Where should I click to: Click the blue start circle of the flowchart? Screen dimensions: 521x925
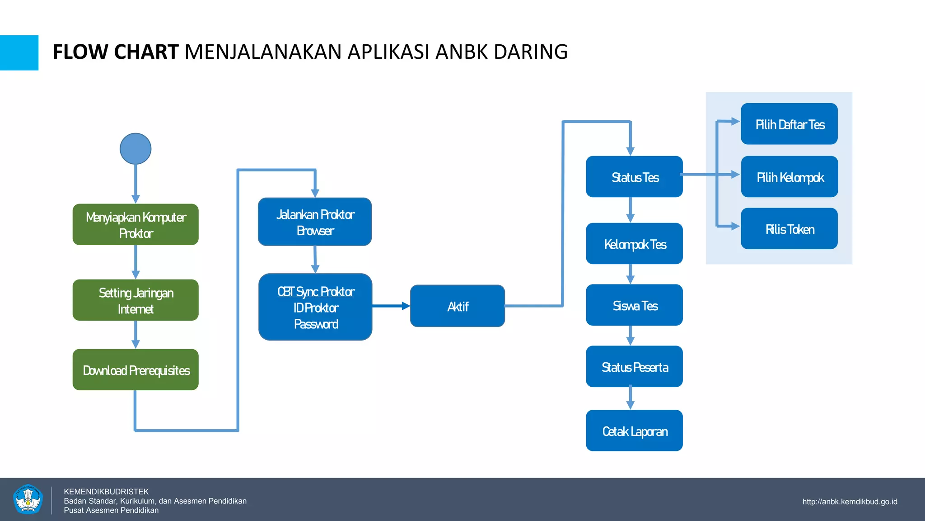135,149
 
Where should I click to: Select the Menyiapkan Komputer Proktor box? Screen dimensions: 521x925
135,225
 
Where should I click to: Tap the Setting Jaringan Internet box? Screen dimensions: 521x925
135,300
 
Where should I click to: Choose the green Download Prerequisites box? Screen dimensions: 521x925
135,370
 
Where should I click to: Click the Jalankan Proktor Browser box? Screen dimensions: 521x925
315,222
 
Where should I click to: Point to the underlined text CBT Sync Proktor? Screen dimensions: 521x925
316,292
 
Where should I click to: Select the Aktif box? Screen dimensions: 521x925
457,306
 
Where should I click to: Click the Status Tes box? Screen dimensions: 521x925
634,177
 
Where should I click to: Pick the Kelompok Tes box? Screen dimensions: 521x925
634,244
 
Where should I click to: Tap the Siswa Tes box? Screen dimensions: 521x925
634,305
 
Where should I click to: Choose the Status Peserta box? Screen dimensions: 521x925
634,367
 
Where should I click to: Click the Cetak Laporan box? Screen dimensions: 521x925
634,431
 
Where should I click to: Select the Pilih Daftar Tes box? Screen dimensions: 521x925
789,124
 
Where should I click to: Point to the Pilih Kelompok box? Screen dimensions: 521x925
789,177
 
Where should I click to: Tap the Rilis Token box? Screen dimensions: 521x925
789,229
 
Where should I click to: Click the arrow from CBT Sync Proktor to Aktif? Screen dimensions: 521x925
391,306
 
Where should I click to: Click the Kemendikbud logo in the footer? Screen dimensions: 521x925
28,499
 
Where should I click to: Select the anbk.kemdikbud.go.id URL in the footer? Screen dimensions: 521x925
850,502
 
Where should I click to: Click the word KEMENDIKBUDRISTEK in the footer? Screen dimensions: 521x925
106,492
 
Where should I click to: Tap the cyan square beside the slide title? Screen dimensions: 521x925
19,53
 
